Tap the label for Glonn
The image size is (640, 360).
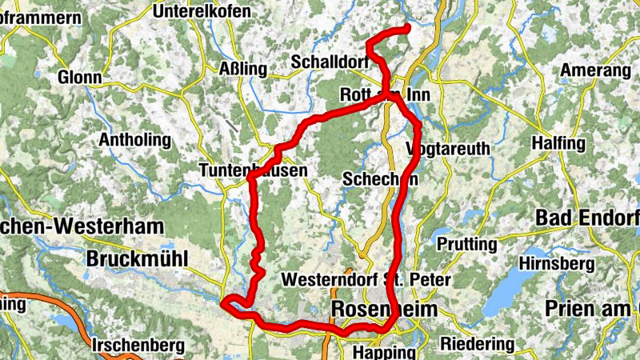pos(79,78)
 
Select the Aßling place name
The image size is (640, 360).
pos(242,70)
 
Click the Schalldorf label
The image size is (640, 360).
pos(330,62)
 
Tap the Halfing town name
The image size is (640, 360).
pos(558,143)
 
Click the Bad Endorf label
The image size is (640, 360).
pos(587,217)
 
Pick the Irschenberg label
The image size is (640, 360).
pos(138,346)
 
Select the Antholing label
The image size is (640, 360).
pos(134,140)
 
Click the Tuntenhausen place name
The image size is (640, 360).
pos(252,171)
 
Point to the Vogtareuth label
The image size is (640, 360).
pos(446,150)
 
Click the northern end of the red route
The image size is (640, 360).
pos(406,29)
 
